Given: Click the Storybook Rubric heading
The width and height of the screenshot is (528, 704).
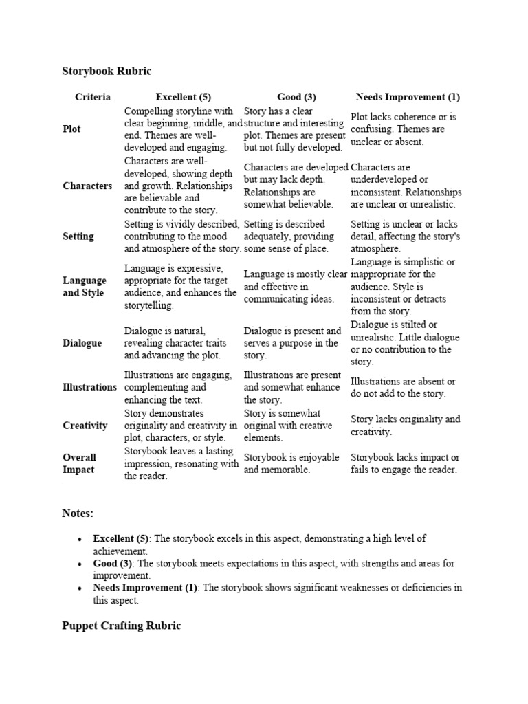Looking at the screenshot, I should pos(107,71).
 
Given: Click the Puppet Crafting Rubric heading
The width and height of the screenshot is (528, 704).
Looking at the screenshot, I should pos(122,626).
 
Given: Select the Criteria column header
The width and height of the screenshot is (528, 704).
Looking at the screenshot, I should pos(92,97).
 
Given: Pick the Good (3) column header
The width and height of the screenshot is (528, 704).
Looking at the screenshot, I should pos(296,97).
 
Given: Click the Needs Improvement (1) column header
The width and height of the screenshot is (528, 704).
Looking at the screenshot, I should pos(408,97).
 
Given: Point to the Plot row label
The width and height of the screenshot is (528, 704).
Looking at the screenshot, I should pos(72,129).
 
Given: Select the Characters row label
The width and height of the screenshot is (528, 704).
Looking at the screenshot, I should pos(87,186).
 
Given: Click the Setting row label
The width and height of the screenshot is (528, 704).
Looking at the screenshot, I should pos(78,236).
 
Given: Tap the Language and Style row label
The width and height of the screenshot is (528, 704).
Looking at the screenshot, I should pos(85,287).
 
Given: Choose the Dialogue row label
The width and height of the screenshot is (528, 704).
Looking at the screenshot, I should pos(82,343).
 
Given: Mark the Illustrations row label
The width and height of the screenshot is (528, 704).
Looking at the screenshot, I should pos(90,387).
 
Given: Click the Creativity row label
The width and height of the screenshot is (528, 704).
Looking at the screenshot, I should pos(85,426).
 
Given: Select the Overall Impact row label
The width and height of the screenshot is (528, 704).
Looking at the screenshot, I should pos(80,463).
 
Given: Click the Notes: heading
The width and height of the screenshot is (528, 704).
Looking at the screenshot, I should pos(78,514).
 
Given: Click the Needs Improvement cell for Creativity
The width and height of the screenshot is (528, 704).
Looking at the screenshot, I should pos(405,426).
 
